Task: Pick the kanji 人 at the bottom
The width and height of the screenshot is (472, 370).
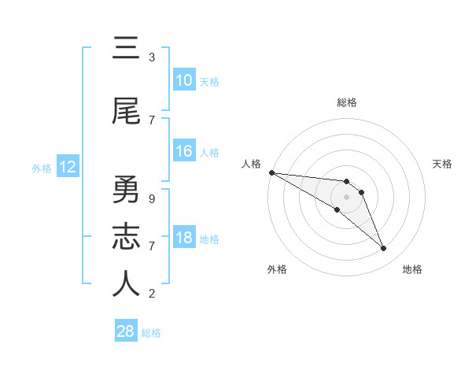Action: pos(126,284)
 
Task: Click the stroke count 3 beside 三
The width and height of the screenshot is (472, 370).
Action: pos(152,57)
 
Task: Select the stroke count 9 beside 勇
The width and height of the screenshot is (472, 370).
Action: pos(152,199)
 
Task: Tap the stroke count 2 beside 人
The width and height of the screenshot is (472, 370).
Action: pos(152,294)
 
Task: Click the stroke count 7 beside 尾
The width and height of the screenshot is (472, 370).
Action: pos(152,120)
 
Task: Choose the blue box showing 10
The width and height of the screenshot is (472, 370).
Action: pos(183,80)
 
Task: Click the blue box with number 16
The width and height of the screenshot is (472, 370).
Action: pos(183,151)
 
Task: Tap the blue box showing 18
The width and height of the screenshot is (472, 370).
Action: pos(183,238)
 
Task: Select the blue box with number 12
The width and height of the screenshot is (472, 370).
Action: pos(67,167)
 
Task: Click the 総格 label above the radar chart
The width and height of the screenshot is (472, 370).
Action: pos(346,102)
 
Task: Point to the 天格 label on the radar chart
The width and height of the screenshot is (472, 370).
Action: pos(442,164)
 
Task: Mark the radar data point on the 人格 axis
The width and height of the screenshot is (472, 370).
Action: pos(271,172)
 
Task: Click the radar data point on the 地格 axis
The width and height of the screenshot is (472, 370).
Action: pos(384,249)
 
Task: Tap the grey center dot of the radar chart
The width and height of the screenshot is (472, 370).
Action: pos(346,197)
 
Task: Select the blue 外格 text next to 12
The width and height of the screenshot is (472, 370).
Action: pos(42,168)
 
